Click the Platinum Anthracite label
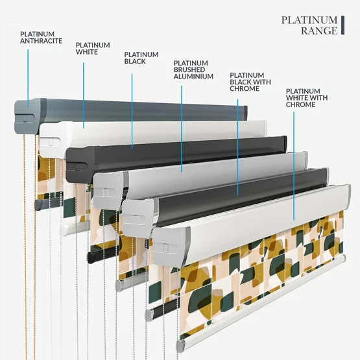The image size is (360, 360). (x=41, y=38)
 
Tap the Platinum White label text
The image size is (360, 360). (x=93, y=49)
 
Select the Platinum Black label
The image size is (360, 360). (x=141, y=58)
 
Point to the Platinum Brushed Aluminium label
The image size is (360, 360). (x=193, y=70)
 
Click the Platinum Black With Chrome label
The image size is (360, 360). (x=250, y=82)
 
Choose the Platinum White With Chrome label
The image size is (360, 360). (x=307, y=98)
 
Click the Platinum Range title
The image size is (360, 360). (x=309, y=25)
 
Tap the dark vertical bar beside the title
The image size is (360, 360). (x=342, y=25)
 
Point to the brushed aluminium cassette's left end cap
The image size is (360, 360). (x=108, y=190)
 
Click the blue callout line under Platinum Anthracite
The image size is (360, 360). (x=28, y=78)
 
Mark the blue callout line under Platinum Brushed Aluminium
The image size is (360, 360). (x=182, y=129)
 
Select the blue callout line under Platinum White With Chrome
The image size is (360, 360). (x=294, y=166)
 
